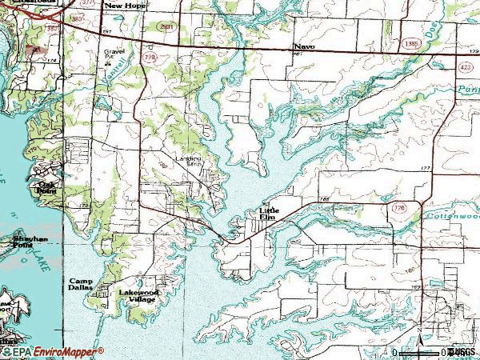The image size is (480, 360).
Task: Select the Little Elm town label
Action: tap(269, 214)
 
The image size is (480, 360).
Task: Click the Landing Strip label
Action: tap(190, 161)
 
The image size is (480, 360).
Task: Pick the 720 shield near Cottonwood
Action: tap(399, 208)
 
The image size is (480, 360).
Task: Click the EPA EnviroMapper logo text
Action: tap(56, 351)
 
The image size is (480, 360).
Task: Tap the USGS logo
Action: tap(459, 351)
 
